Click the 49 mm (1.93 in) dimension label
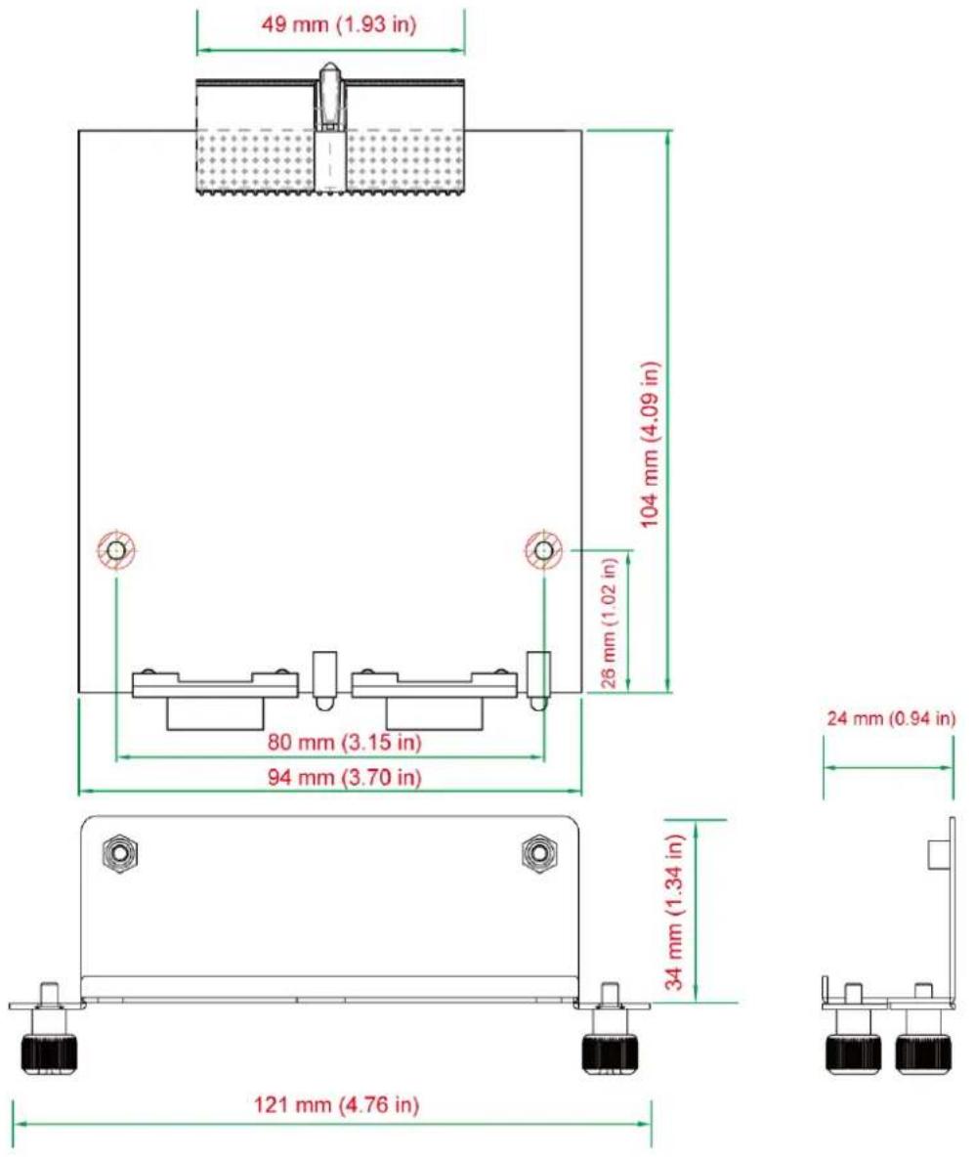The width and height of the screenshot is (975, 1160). tap(339, 24)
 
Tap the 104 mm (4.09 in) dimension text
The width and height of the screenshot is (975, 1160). tap(650, 445)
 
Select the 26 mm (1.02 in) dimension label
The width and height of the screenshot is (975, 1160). tap(610, 623)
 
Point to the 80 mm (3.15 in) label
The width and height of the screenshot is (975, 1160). tap(344, 742)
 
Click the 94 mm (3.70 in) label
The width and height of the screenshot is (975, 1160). tap(344, 777)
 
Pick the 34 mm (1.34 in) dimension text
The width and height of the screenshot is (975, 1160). tap(674, 912)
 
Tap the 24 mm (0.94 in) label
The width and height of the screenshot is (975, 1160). tap(891, 717)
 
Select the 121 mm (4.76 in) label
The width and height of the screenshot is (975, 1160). tap(337, 1105)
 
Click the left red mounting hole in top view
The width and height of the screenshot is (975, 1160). tap(116, 550)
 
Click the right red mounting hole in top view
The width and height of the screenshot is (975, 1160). tap(543, 550)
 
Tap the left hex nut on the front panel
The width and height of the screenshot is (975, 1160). tap(119, 852)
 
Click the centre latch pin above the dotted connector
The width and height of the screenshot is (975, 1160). tap(329, 96)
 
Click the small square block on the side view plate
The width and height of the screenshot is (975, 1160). tap(939, 854)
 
